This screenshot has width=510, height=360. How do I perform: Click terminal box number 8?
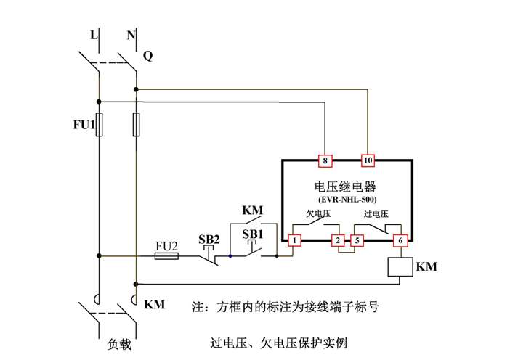[x=325, y=160]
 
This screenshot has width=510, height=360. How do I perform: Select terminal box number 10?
[x=368, y=160]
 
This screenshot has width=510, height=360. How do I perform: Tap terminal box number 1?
[x=295, y=240]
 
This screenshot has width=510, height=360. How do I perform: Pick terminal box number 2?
[x=337, y=240]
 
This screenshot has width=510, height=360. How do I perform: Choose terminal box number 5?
[x=357, y=240]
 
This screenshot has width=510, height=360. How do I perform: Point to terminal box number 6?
[x=398, y=240]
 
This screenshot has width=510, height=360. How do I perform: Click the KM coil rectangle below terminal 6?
[x=398, y=267]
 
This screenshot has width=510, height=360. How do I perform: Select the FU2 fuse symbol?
[x=168, y=255]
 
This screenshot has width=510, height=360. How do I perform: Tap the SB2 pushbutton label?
[x=209, y=239]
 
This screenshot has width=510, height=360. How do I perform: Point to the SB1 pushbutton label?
[x=252, y=234]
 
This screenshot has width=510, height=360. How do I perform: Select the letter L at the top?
[x=93, y=34]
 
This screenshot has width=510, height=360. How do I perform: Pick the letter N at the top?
[x=131, y=34]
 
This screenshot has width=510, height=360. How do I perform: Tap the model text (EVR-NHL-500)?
[x=347, y=198]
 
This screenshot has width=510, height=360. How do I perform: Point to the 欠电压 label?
[x=320, y=214]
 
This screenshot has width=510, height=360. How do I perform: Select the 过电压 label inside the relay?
[x=376, y=214]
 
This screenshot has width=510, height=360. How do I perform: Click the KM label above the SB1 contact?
[x=251, y=210]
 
